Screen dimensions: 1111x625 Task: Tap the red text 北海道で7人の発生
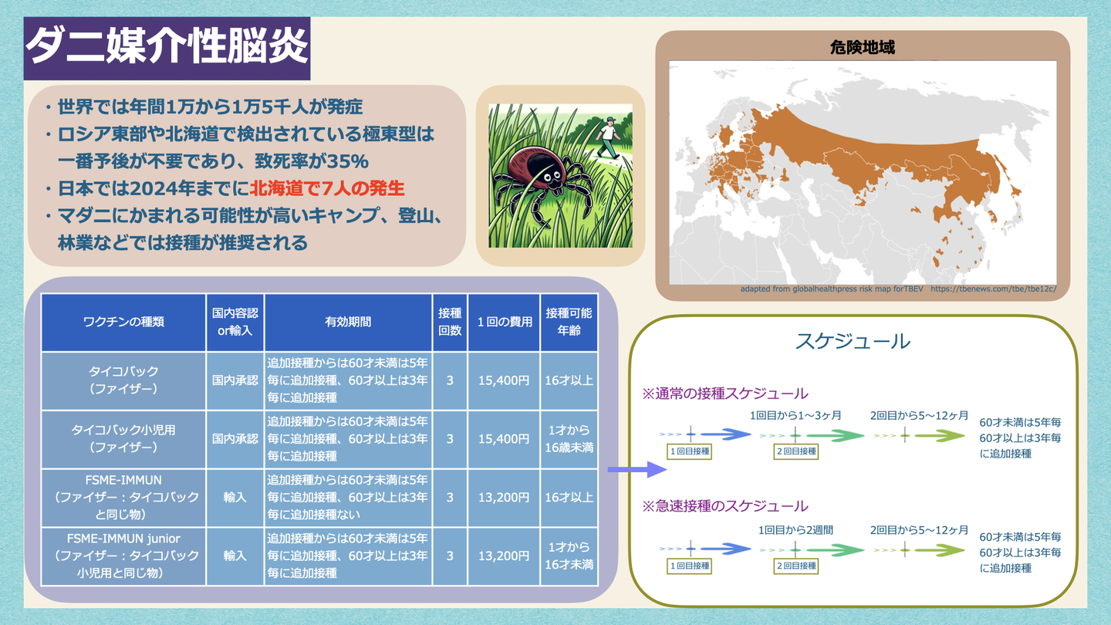(x=327, y=188)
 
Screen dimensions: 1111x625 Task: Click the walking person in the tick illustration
(x=609, y=137)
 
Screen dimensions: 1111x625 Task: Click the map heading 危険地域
(x=863, y=48)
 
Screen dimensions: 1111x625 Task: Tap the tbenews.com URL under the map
(x=993, y=289)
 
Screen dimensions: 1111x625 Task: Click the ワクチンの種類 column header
(x=123, y=322)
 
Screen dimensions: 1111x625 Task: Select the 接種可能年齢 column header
(x=569, y=322)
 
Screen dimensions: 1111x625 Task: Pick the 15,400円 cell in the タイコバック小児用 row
(x=503, y=439)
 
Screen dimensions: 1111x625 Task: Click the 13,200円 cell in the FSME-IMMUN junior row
(x=503, y=556)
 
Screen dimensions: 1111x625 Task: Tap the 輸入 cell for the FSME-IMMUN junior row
(x=235, y=556)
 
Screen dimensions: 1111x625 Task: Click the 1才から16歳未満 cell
(x=569, y=439)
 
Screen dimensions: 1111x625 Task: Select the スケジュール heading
(x=853, y=341)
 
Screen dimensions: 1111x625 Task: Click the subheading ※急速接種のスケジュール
(x=725, y=506)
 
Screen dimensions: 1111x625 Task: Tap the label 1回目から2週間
(x=795, y=530)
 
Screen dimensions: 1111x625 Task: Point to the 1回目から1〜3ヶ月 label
(x=795, y=415)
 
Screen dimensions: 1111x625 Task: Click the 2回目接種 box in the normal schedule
(x=796, y=451)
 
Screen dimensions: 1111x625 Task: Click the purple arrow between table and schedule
(x=637, y=469)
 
